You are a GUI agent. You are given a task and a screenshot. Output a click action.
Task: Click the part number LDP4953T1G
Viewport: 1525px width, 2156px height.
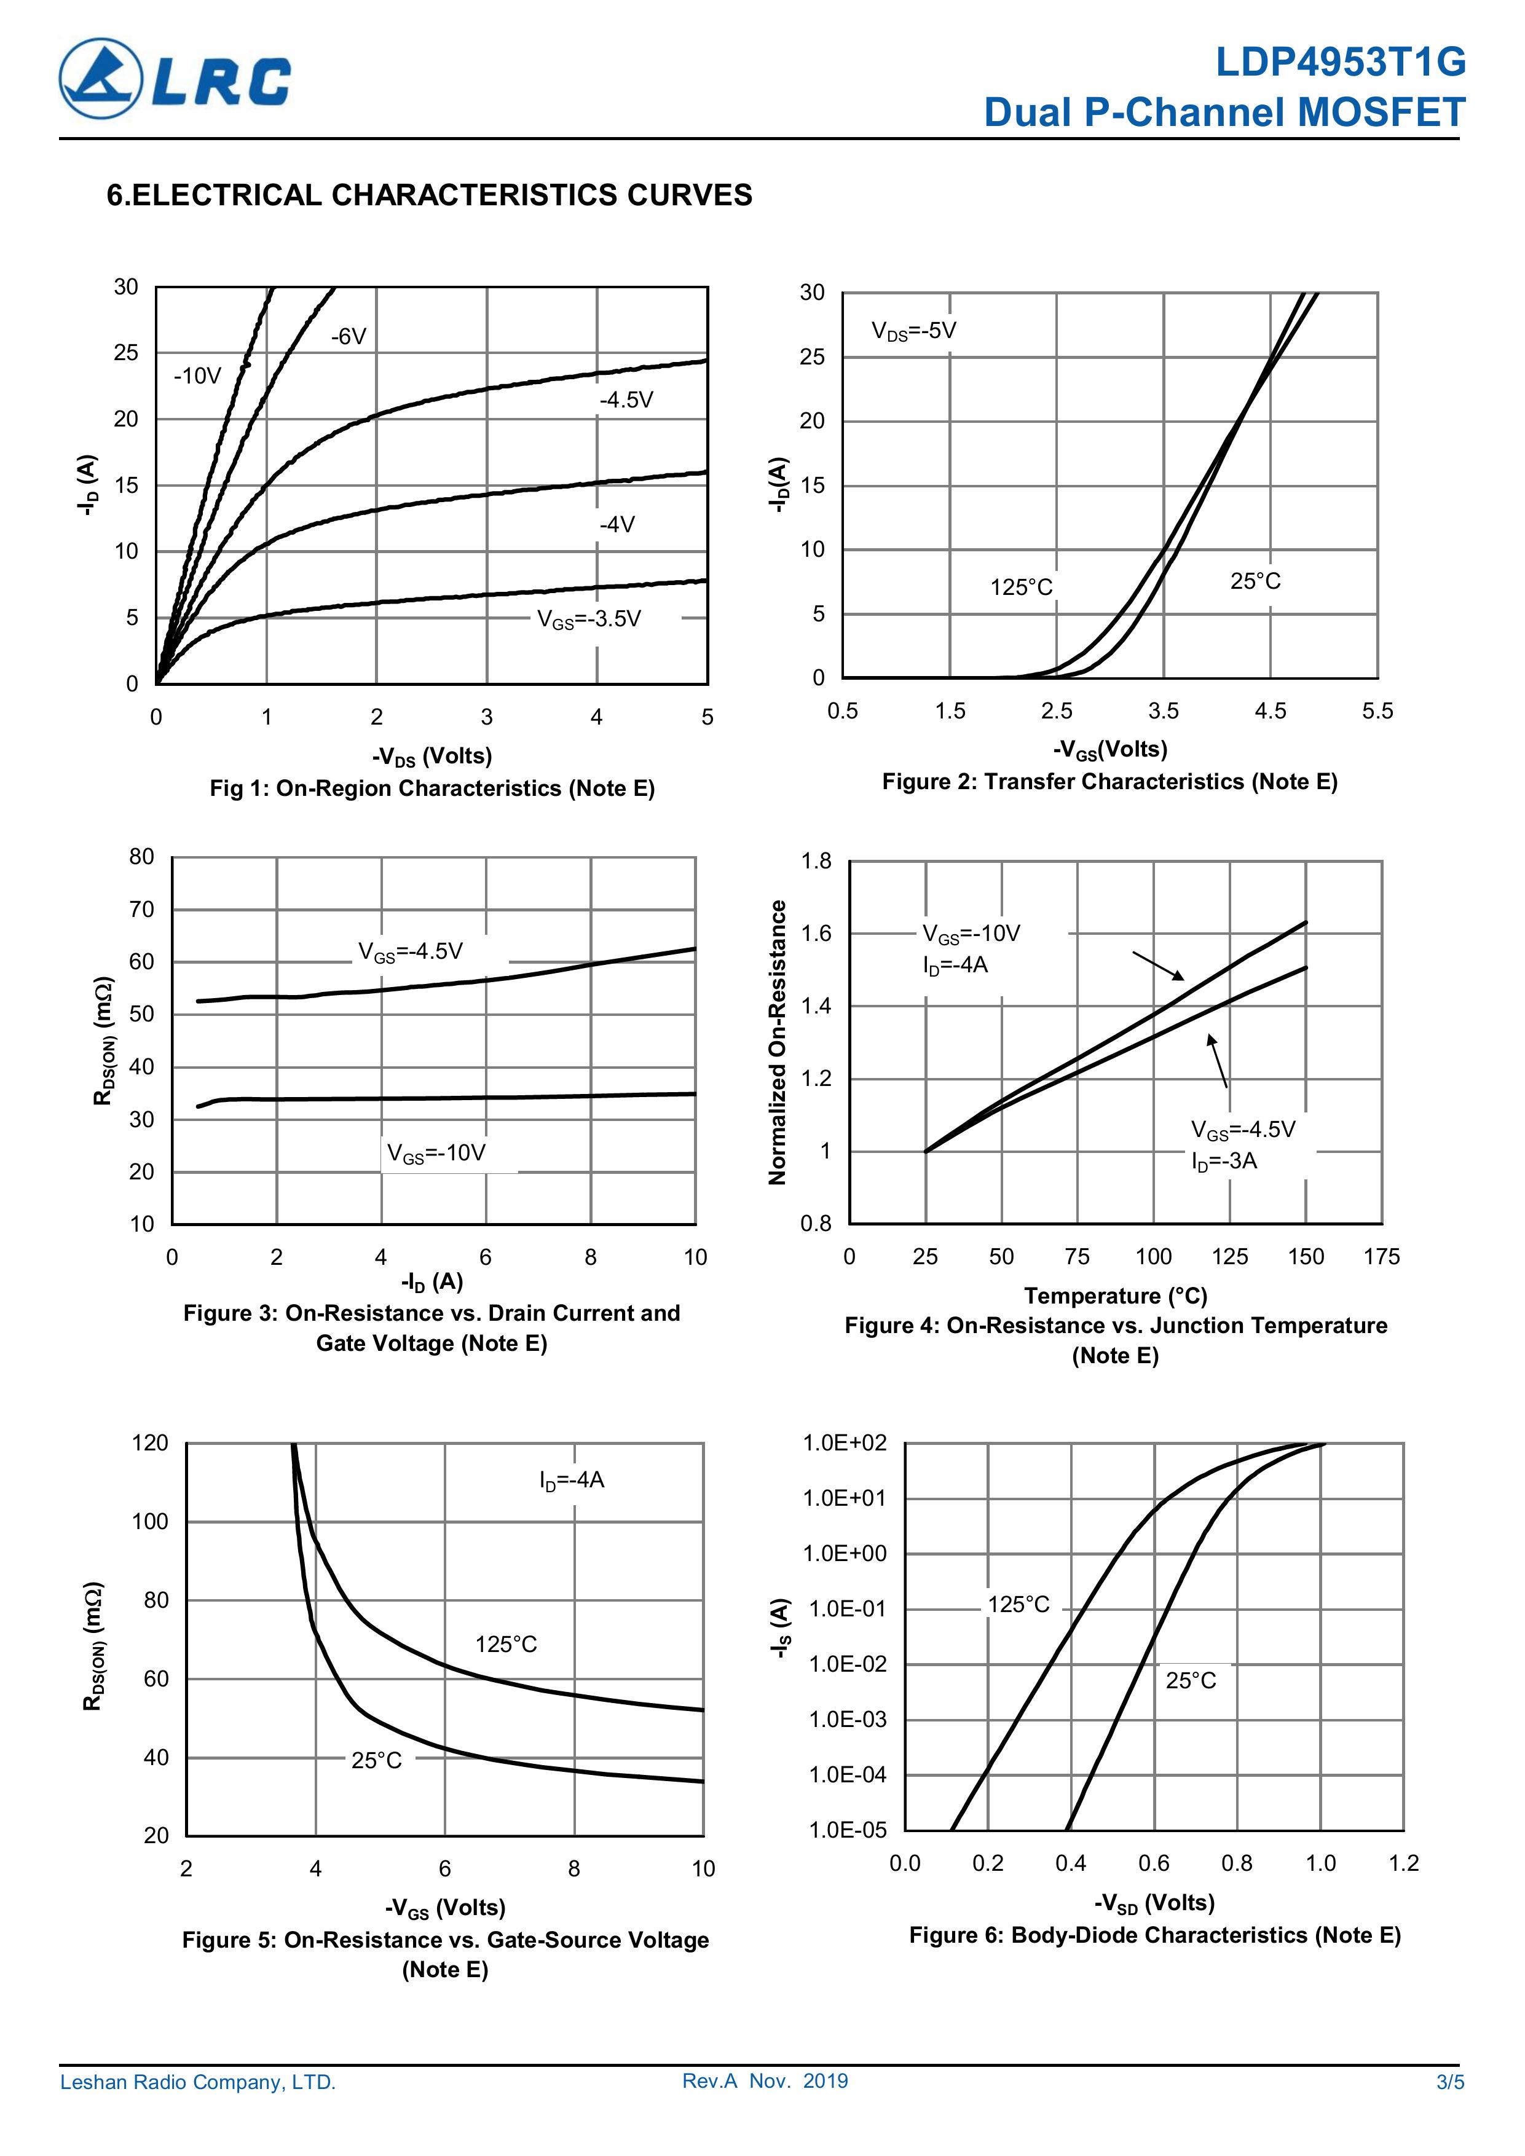(x=1340, y=63)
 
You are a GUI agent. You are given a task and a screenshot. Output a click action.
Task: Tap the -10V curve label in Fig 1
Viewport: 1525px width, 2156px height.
(x=197, y=377)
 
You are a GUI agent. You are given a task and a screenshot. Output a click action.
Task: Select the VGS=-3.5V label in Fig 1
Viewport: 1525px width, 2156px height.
(x=589, y=619)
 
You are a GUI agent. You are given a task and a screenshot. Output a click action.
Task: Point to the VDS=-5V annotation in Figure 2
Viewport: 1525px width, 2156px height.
(x=913, y=331)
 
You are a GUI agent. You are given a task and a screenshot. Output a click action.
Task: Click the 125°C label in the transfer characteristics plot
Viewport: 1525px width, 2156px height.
(x=1021, y=588)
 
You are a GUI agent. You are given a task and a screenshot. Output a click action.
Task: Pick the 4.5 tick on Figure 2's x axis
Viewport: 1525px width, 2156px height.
(x=1271, y=711)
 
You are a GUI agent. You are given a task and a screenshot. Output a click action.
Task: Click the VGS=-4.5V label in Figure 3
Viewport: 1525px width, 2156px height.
(x=411, y=952)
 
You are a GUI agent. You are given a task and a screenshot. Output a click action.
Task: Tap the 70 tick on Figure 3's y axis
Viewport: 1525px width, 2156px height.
(x=142, y=909)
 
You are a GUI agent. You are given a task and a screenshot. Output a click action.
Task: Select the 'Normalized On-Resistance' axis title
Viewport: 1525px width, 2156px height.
(x=778, y=1042)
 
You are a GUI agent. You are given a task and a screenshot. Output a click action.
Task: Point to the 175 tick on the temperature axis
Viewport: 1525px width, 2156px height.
(x=1381, y=1257)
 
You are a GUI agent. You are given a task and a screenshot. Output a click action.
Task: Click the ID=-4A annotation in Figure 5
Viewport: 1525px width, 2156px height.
(x=571, y=1481)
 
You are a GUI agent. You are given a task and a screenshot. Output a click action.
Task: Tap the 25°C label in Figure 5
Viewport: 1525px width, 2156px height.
(x=377, y=1761)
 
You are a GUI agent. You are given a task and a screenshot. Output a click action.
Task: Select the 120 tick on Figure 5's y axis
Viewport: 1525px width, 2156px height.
(x=150, y=1443)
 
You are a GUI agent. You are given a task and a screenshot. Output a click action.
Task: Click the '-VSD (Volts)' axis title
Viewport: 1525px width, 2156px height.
(x=1154, y=1902)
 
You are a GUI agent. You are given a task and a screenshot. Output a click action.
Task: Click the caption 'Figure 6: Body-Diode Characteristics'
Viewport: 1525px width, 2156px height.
(x=1154, y=1935)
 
